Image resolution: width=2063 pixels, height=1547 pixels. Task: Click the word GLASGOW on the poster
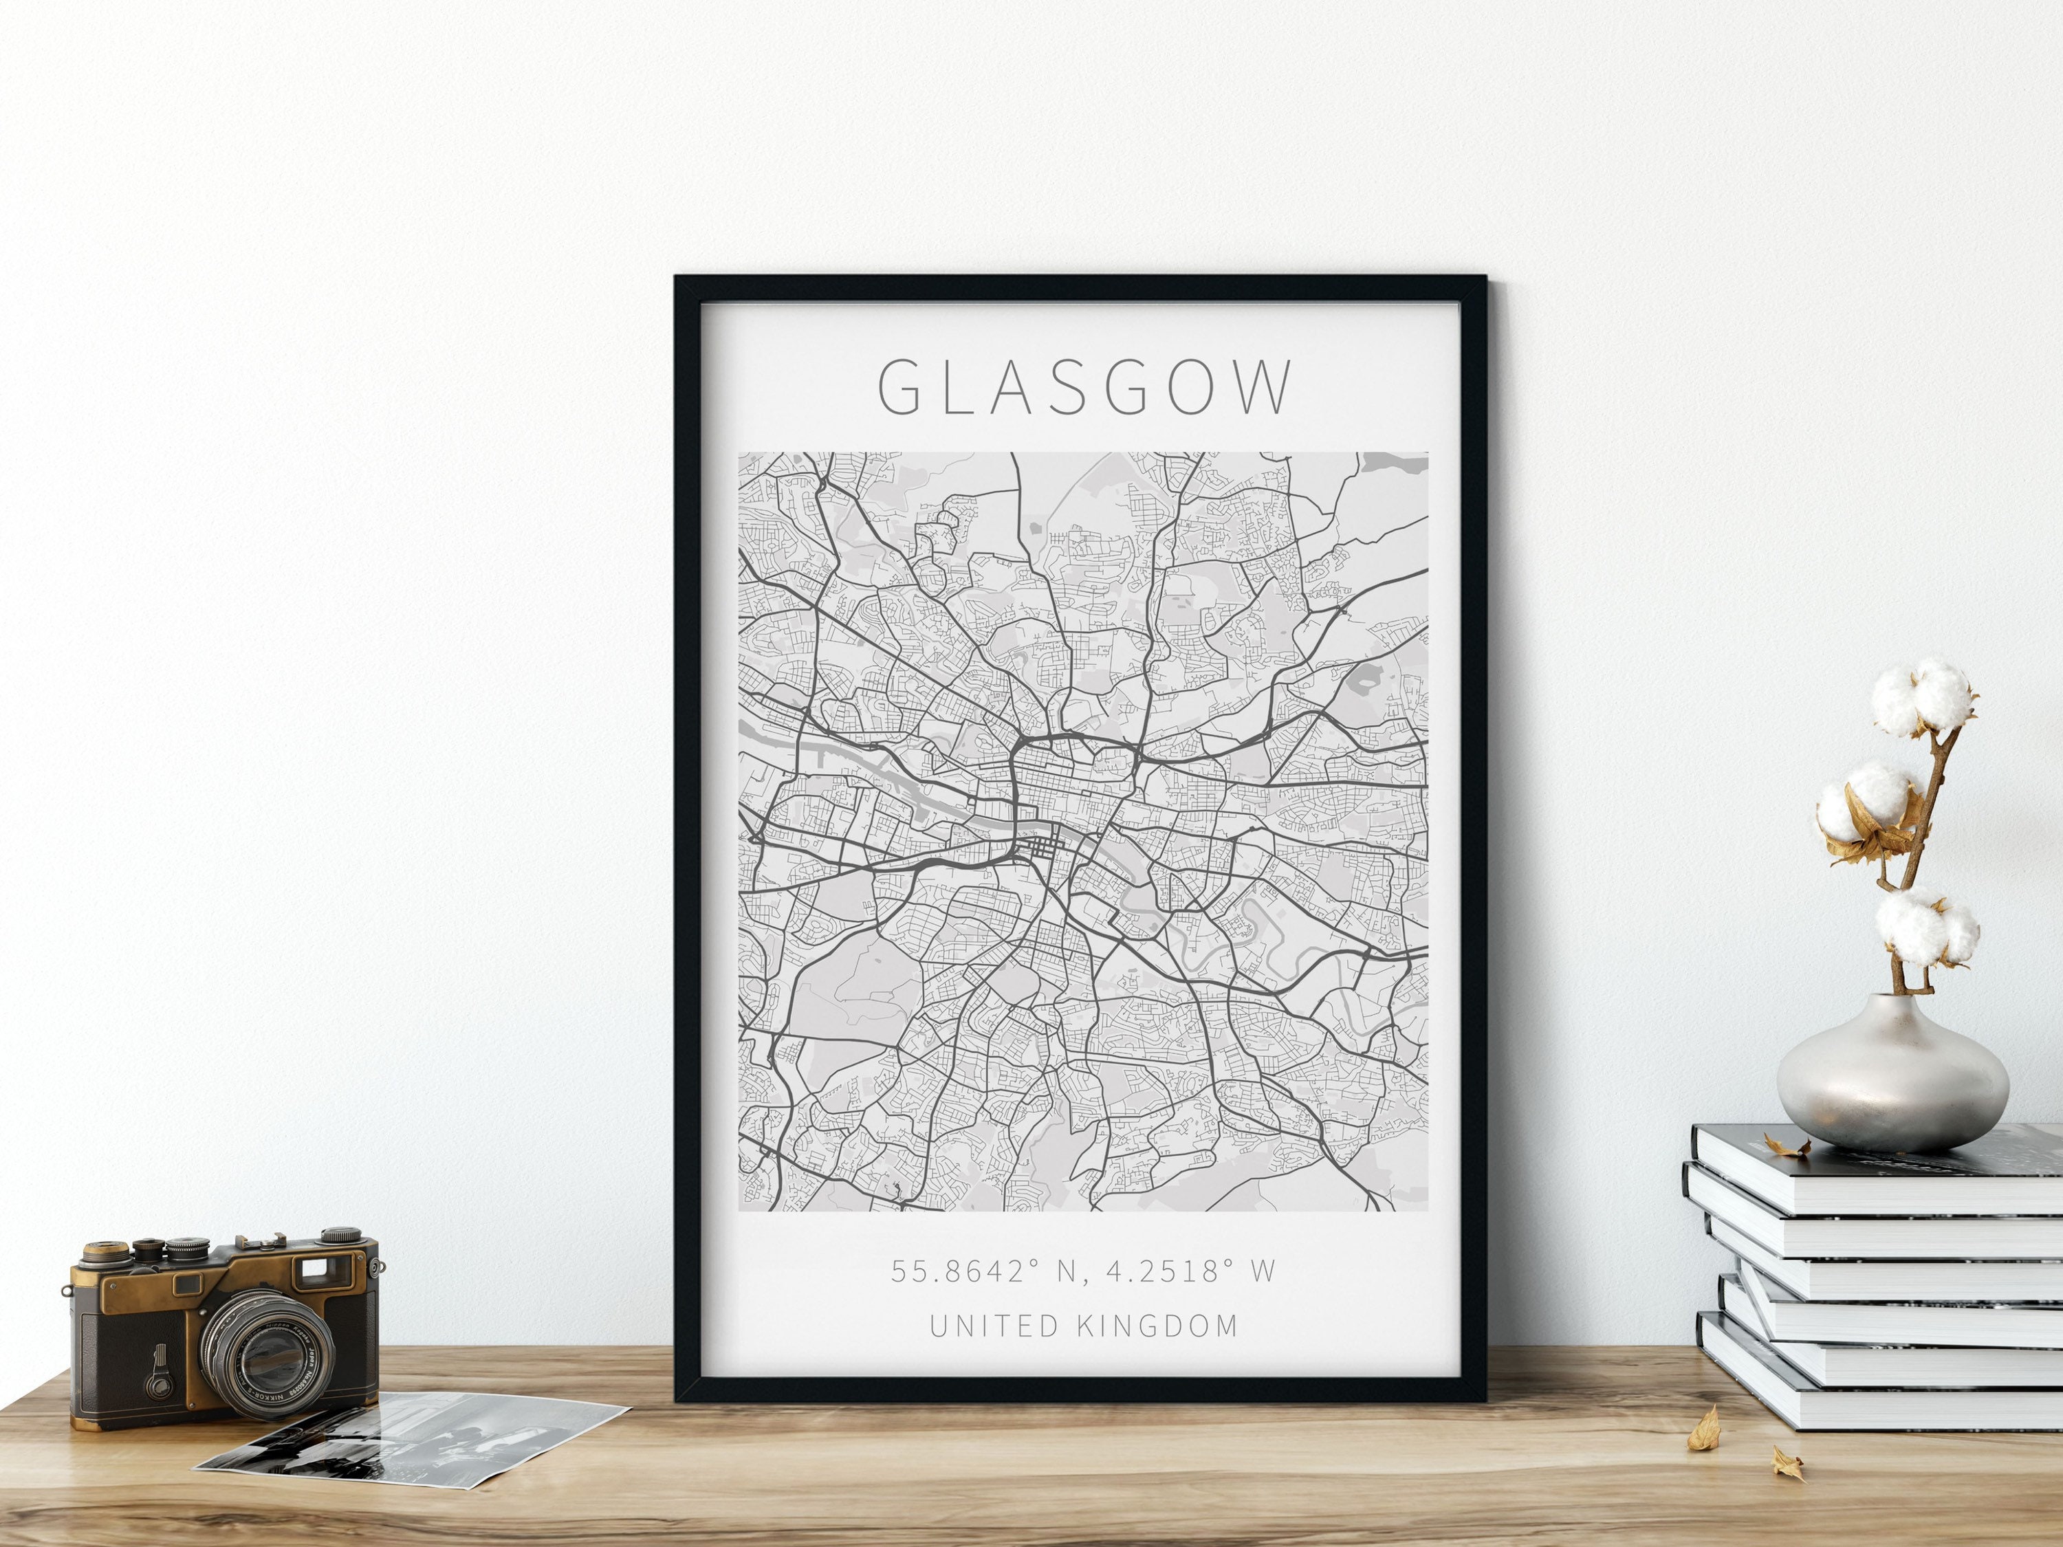1087,387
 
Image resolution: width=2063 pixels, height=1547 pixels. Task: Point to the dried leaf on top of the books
1786,1145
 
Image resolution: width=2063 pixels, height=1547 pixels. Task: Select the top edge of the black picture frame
1081,288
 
